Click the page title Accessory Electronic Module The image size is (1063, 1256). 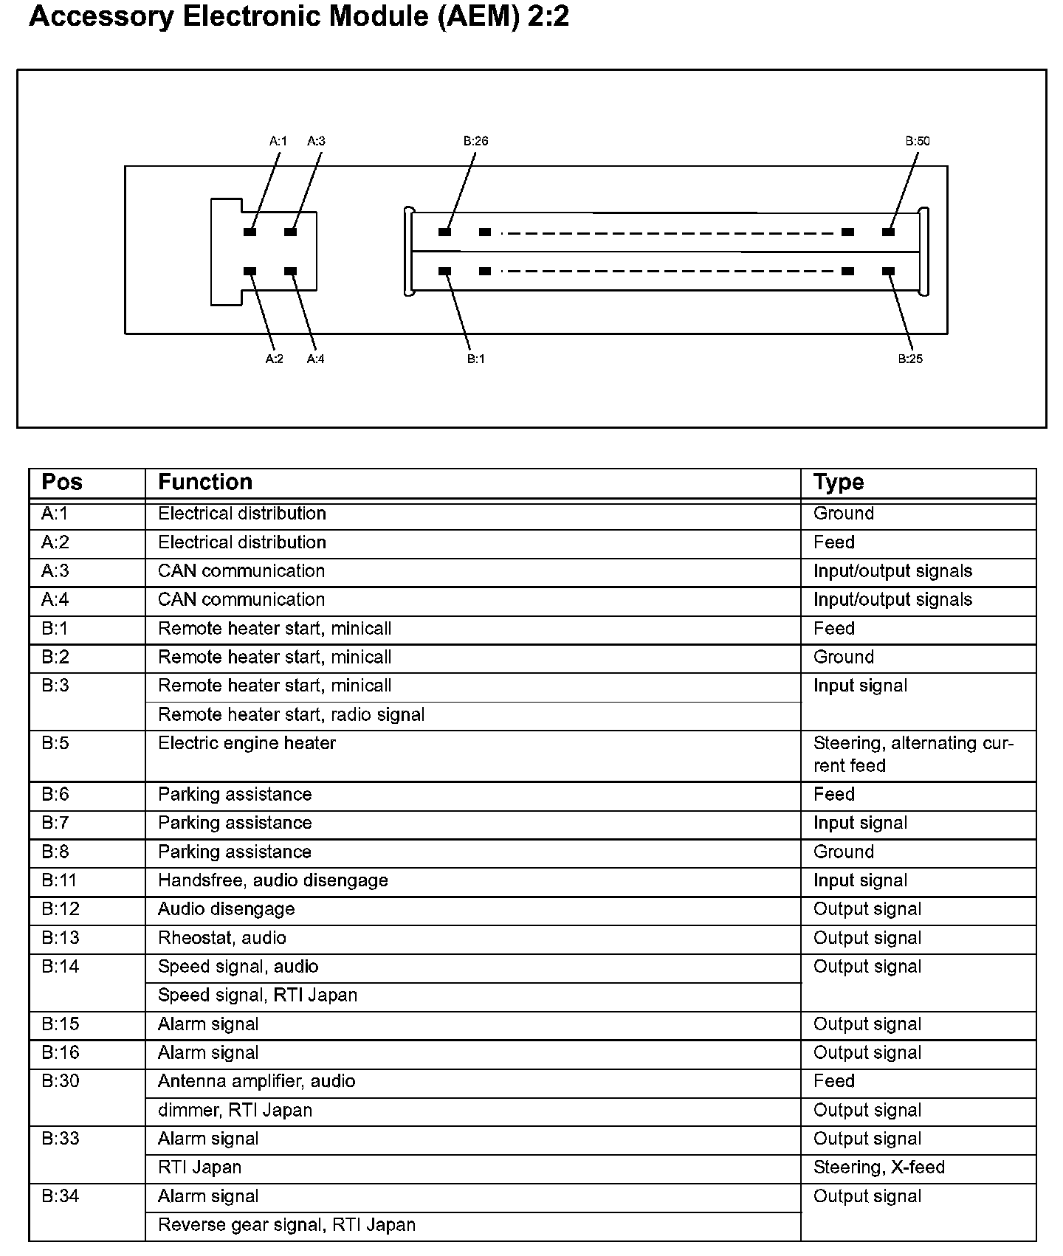(298, 16)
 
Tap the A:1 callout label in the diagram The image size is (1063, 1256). (278, 141)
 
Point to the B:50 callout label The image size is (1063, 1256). (918, 141)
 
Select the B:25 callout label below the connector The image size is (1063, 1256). (910, 359)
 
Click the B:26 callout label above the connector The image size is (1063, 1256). (476, 141)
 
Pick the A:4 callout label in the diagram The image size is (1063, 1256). (315, 359)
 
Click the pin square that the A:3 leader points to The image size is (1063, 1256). (290, 232)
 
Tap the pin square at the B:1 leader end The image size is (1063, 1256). (444, 271)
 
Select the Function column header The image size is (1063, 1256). (205, 483)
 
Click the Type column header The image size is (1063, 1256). (838, 483)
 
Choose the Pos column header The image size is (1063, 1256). (62, 483)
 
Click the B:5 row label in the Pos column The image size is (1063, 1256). (55, 743)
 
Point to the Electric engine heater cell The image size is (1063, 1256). (247, 743)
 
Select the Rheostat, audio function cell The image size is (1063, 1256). (221, 938)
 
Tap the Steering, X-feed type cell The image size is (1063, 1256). (878, 1167)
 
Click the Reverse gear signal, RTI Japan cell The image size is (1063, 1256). (286, 1225)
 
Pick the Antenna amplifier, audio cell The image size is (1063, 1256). (256, 1081)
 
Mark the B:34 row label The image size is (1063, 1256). (60, 1196)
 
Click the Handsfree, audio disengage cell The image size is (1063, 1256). (272, 880)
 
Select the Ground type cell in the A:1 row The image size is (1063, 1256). (843, 514)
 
